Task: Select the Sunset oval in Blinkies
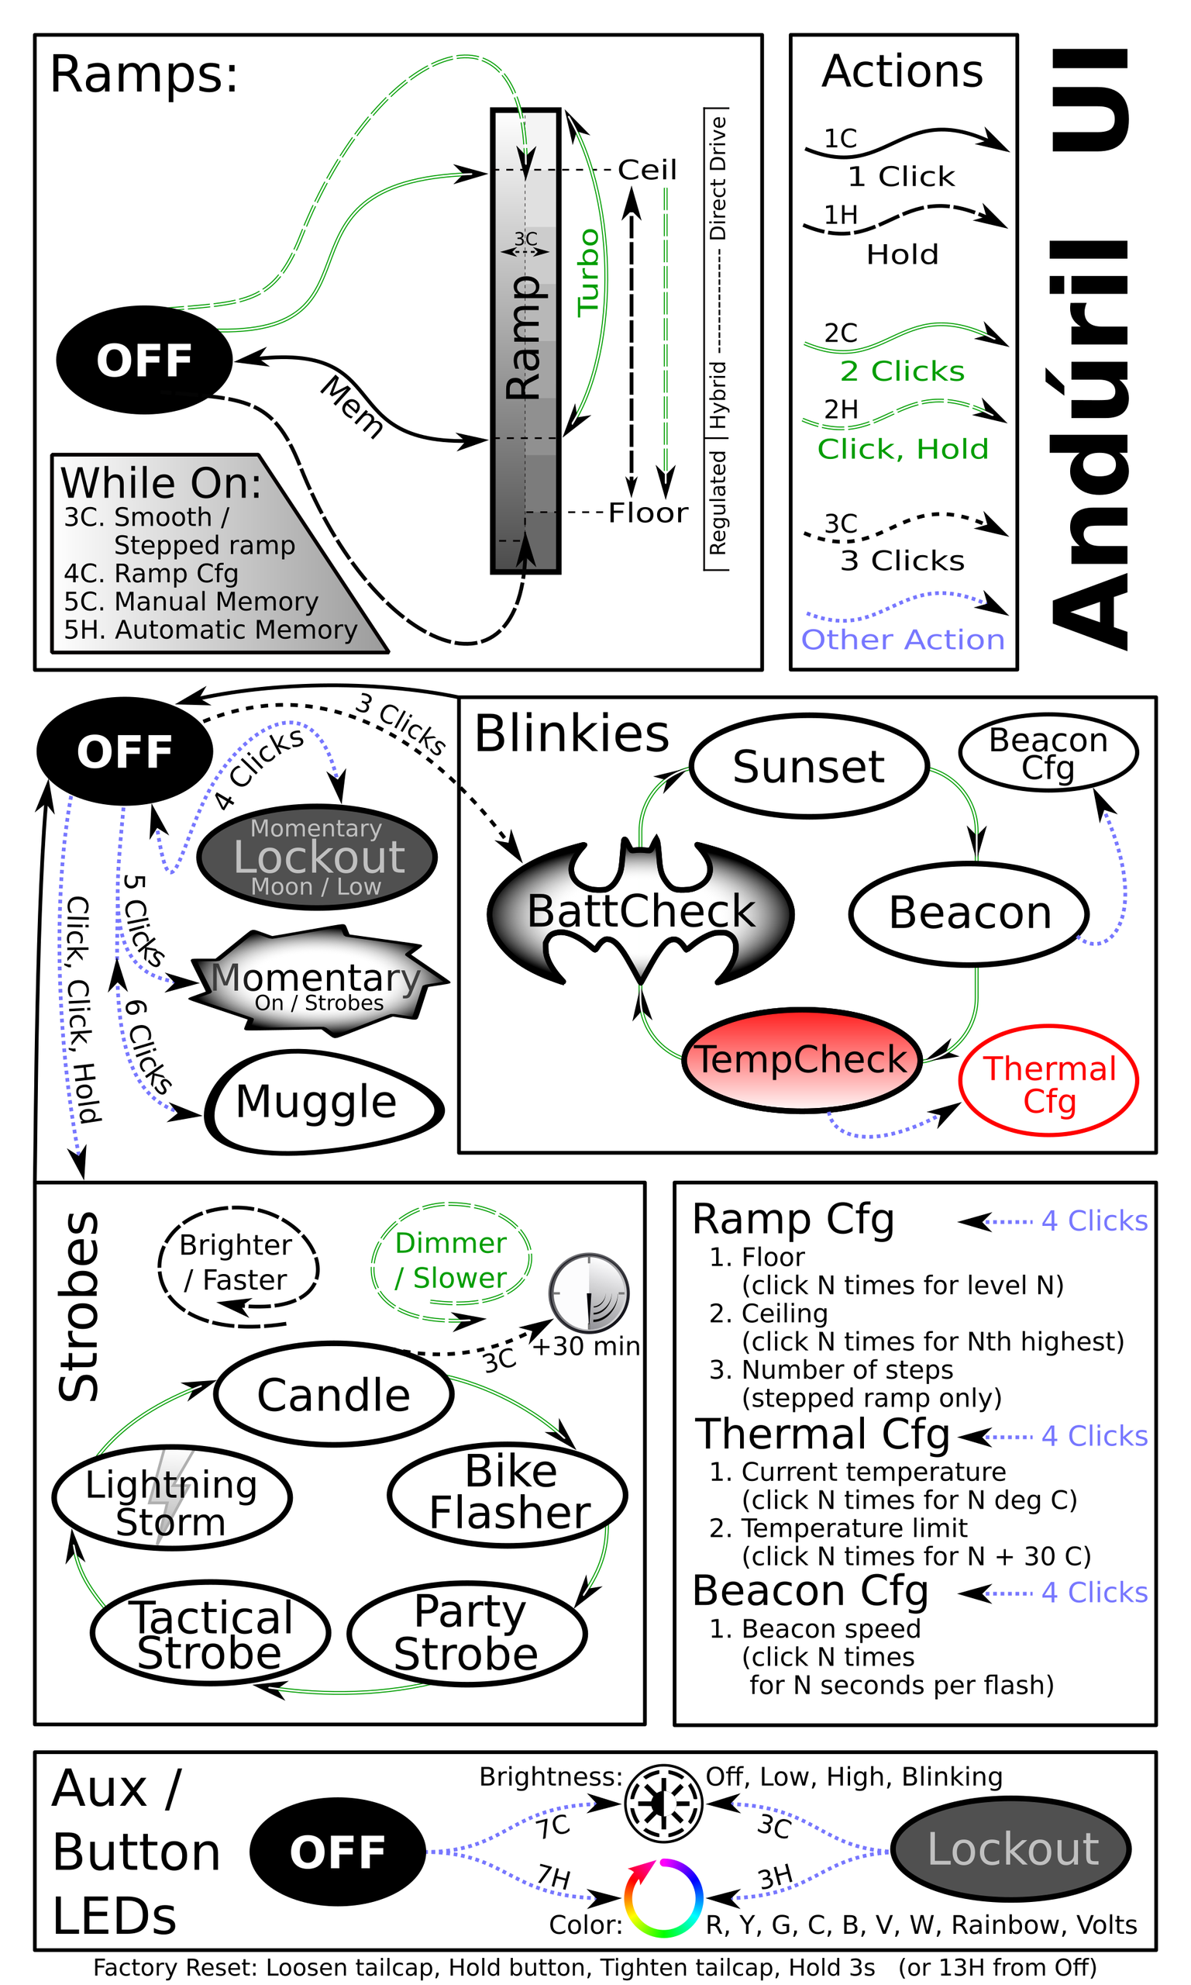809,766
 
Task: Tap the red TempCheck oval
801,1060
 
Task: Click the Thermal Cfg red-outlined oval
1048,1081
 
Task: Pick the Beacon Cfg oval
1048,752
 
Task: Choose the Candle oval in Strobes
334,1394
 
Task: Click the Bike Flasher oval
508,1493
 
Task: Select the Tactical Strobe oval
210,1633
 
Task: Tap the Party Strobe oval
467,1633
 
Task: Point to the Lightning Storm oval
172,1497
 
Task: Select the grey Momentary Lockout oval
317,857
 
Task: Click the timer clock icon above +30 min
588,1292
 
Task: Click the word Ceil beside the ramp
647,170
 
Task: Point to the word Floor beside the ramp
648,513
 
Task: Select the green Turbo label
589,271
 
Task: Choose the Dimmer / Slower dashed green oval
451,1261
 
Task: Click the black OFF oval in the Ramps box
144,360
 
